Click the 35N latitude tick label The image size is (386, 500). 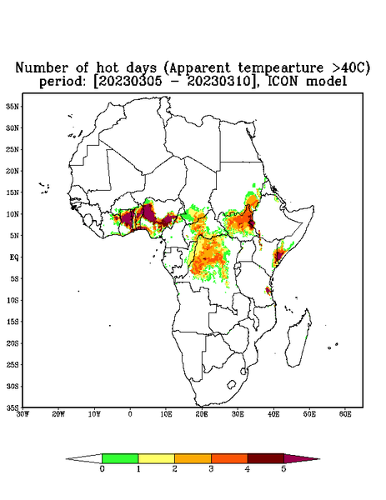tap(13, 107)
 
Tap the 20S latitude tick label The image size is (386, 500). tap(13, 343)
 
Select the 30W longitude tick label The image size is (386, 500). tap(23, 414)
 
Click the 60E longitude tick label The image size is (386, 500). tap(345, 414)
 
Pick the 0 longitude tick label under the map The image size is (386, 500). tap(130, 414)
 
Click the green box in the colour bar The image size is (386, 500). tap(120, 458)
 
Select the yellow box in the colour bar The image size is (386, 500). tap(156, 458)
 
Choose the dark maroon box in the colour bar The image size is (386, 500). tap(266, 458)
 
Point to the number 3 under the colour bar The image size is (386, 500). tap(211, 469)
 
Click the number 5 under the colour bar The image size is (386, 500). tap(283, 469)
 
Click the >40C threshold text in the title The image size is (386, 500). tap(344, 67)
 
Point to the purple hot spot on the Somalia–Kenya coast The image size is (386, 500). tap(279, 255)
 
